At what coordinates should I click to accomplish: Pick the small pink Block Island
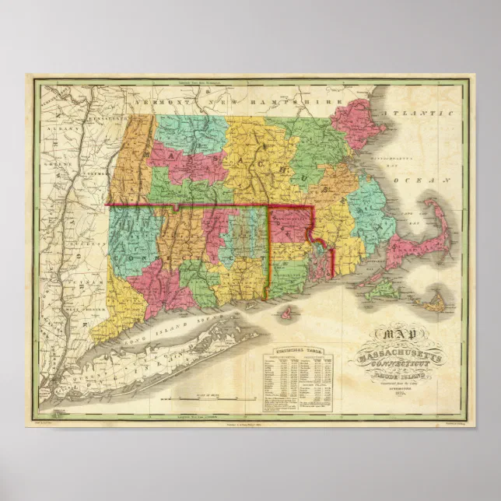[x=288, y=313]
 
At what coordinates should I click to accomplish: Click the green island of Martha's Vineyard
[x=380, y=289]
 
